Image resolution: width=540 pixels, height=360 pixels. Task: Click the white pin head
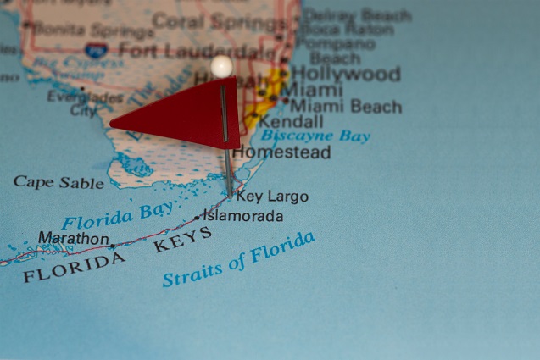click(221, 66)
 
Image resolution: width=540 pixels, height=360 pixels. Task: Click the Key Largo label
click(271, 197)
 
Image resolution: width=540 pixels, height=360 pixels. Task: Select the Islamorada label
click(243, 216)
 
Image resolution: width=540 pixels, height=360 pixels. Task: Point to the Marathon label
click(73, 239)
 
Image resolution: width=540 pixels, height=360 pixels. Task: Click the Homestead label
click(281, 152)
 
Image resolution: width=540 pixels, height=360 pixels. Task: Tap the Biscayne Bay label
click(315, 136)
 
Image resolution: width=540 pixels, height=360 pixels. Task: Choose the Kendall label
click(291, 122)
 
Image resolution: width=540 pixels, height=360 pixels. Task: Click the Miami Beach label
click(345, 107)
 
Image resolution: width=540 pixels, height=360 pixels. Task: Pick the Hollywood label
click(346, 75)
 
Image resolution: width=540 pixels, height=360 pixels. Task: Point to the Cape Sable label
click(58, 182)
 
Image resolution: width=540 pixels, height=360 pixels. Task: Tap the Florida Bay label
click(118, 214)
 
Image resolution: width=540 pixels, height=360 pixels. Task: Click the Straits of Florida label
click(238, 259)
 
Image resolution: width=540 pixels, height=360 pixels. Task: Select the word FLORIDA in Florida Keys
click(75, 266)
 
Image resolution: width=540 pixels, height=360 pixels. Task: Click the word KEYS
click(183, 241)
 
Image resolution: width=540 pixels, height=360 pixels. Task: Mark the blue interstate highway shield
click(96, 51)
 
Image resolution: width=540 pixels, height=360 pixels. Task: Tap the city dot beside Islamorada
click(198, 218)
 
